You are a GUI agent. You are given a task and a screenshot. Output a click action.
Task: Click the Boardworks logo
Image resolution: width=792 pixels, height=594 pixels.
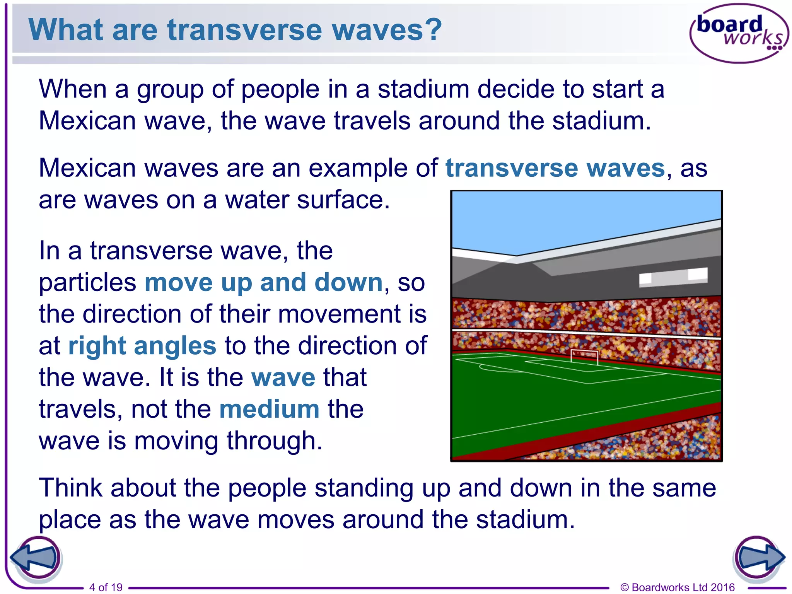(739, 33)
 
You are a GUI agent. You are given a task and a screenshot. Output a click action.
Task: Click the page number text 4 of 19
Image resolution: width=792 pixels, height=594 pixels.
(106, 587)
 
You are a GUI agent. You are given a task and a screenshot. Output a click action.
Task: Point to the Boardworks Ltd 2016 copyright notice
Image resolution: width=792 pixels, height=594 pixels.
(677, 587)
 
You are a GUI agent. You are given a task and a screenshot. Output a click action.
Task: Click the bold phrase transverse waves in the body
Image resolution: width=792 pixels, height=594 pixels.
(555, 168)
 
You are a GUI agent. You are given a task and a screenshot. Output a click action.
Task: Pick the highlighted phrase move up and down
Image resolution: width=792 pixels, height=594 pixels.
(263, 282)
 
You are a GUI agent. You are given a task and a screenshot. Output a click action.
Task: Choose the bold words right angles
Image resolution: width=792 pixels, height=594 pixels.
(142, 345)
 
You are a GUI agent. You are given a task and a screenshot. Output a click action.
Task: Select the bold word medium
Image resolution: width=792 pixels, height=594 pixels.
(269, 409)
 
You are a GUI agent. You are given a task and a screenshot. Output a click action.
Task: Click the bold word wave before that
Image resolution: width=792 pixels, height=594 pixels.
(283, 377)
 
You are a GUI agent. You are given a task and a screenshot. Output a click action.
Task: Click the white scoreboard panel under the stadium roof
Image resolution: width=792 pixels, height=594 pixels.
(673, 277)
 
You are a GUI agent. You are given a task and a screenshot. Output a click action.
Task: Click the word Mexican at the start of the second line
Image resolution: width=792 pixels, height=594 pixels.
(87, 121)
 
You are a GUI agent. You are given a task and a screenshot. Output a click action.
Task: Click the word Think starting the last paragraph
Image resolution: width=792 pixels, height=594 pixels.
(71, 488)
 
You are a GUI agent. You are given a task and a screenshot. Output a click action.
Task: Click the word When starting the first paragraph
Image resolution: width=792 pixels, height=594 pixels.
(73, 89)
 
